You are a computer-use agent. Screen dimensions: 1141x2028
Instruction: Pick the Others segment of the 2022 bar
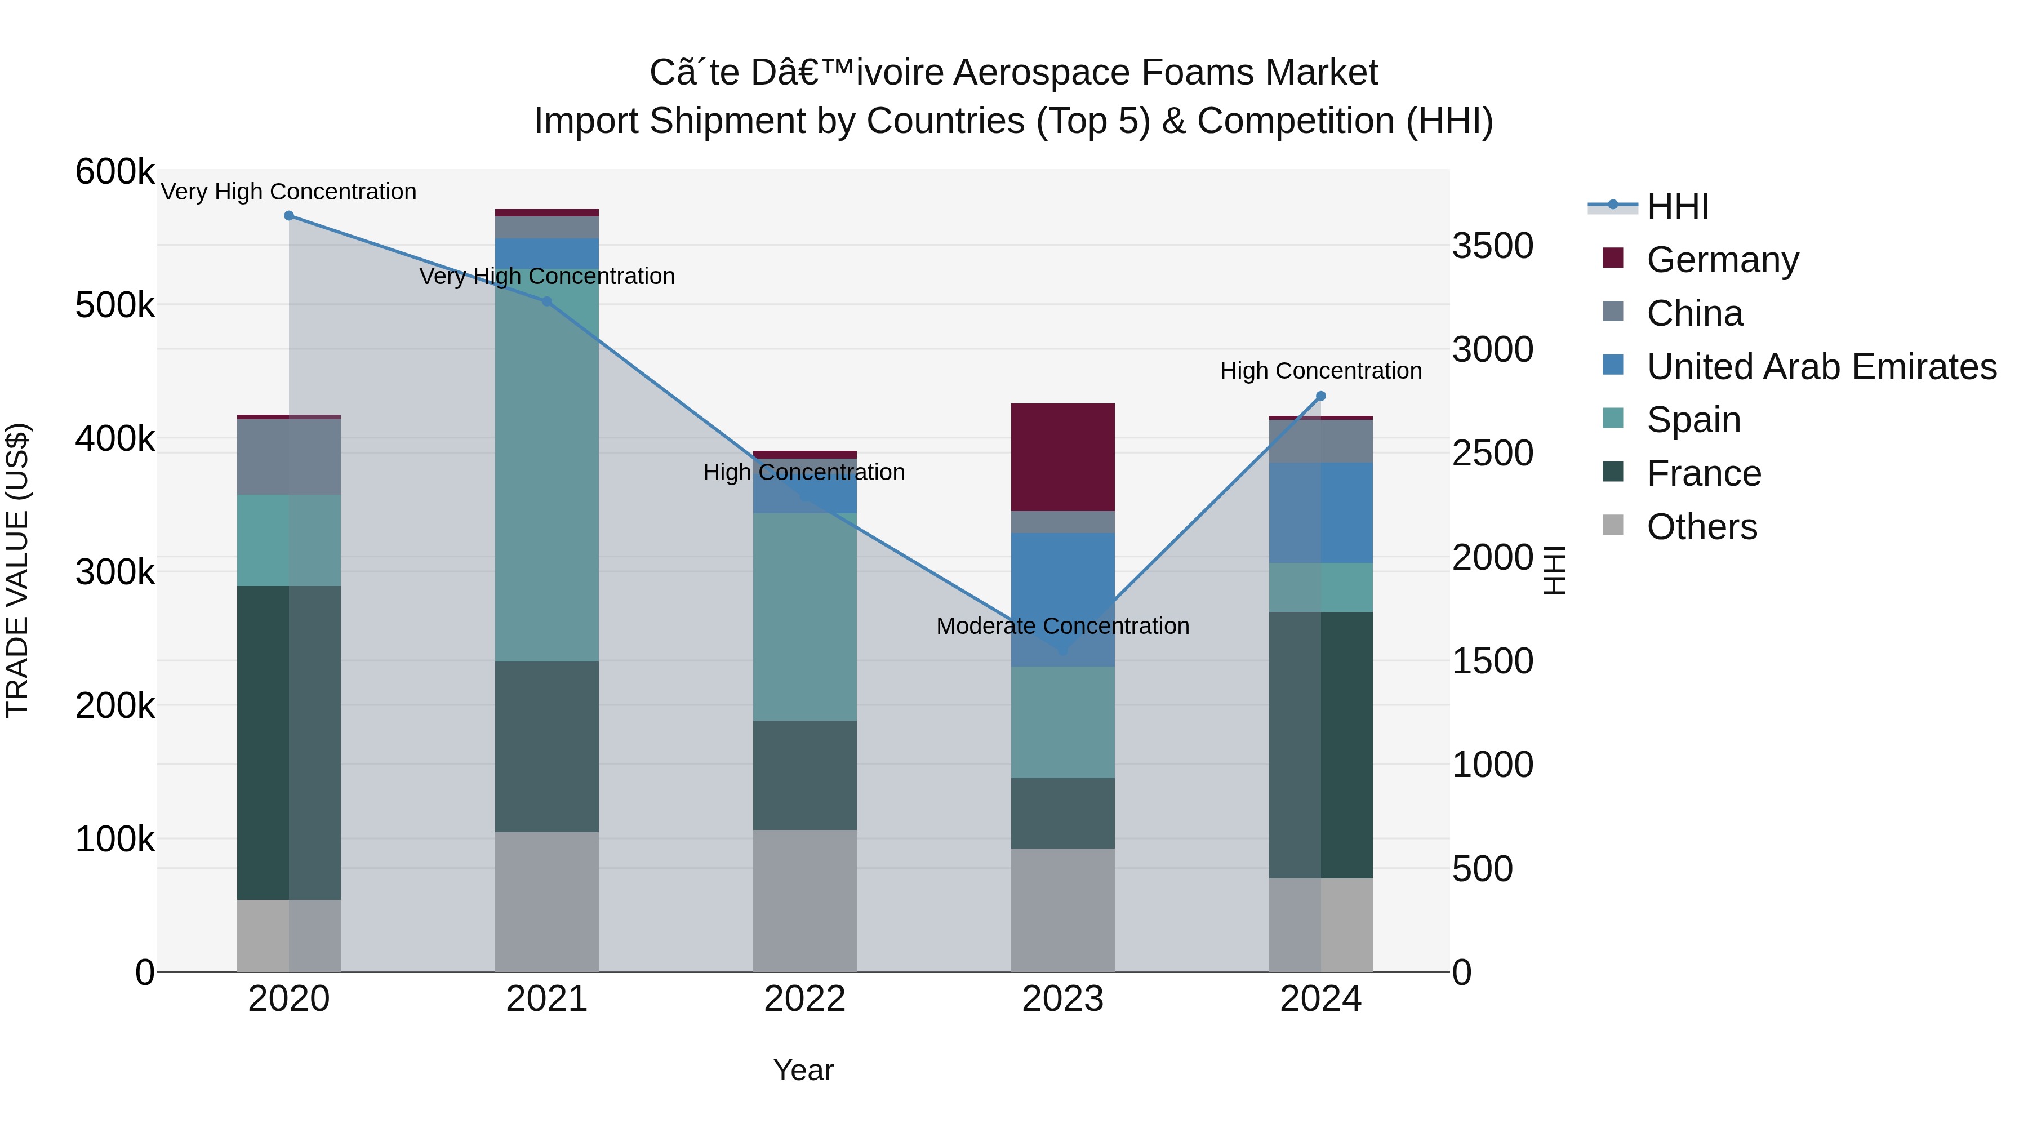[x=804, y=900]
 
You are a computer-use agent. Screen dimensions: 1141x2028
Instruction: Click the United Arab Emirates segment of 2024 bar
[x=1320, y=513]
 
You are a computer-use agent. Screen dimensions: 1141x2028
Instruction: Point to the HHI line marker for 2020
[x=289, y=216]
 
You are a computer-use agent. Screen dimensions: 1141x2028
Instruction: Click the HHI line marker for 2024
[x=1320, y=396]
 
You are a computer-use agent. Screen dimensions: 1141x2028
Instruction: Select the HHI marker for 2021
[x=547, y=301]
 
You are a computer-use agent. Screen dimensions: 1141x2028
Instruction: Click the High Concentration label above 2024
[x=1320, y=371]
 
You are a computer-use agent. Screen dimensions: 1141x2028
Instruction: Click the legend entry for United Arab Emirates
[x=1821, y=367]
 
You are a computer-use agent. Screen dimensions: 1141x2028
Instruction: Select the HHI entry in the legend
[x=1677, y=206]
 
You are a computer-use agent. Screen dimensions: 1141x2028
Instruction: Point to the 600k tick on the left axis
[x=115, y=172]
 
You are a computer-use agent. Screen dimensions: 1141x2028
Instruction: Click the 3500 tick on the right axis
[x=1492, y=246]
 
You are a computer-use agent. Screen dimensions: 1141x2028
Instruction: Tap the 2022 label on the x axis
[x=804, y=999]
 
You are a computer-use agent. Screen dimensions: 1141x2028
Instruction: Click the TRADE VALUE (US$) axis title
[x=18, y=570]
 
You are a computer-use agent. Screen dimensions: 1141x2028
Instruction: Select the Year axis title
[x=803, y=1070]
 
